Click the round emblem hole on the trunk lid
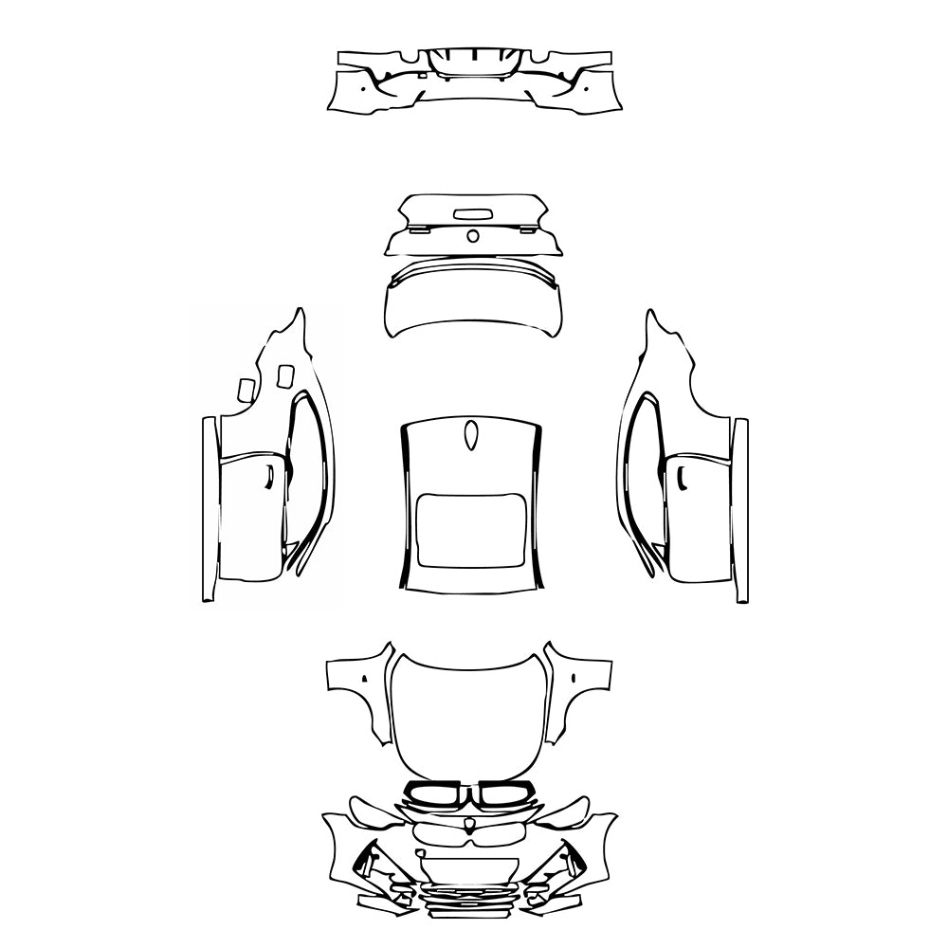tap(471, 236)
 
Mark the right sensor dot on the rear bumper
tap(586, 90)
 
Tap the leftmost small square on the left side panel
tap(245, 389)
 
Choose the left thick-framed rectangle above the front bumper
tap(433, 793)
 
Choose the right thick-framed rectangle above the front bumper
tap(506, 793)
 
